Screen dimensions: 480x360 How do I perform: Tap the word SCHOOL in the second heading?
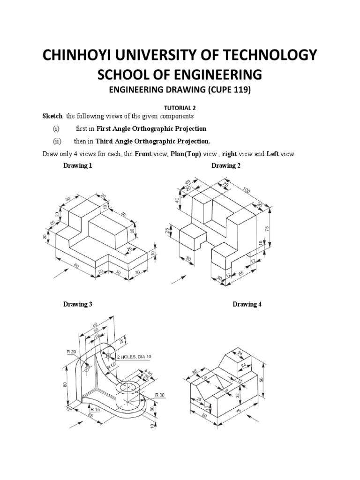[x=122, y=75]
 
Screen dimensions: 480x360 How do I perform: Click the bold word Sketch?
[x=52, y=116]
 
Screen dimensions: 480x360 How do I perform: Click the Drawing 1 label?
[x=78, y=166]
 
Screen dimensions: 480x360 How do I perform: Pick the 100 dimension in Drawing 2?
[x=246, y=189]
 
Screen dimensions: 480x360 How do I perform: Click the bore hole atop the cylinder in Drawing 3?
[x=127, y=387]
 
